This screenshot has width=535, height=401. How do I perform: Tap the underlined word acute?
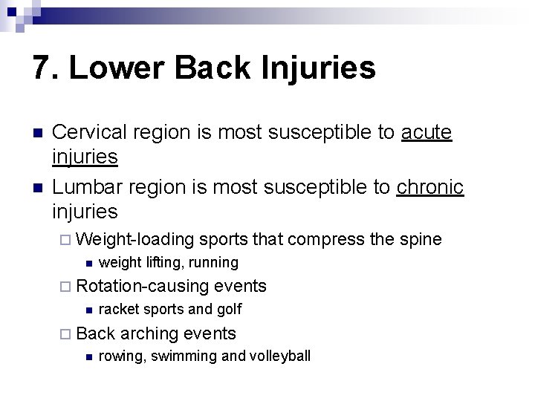[x=427, y=132]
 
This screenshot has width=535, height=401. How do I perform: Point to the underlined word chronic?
[x=430, y=187]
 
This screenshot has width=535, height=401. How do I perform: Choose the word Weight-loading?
[x=134, y=239]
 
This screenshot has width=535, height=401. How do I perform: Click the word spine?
[x=421, y=239]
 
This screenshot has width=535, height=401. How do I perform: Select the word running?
[x=214, y=262]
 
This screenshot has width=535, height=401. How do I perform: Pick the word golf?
[x=228, y=309]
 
